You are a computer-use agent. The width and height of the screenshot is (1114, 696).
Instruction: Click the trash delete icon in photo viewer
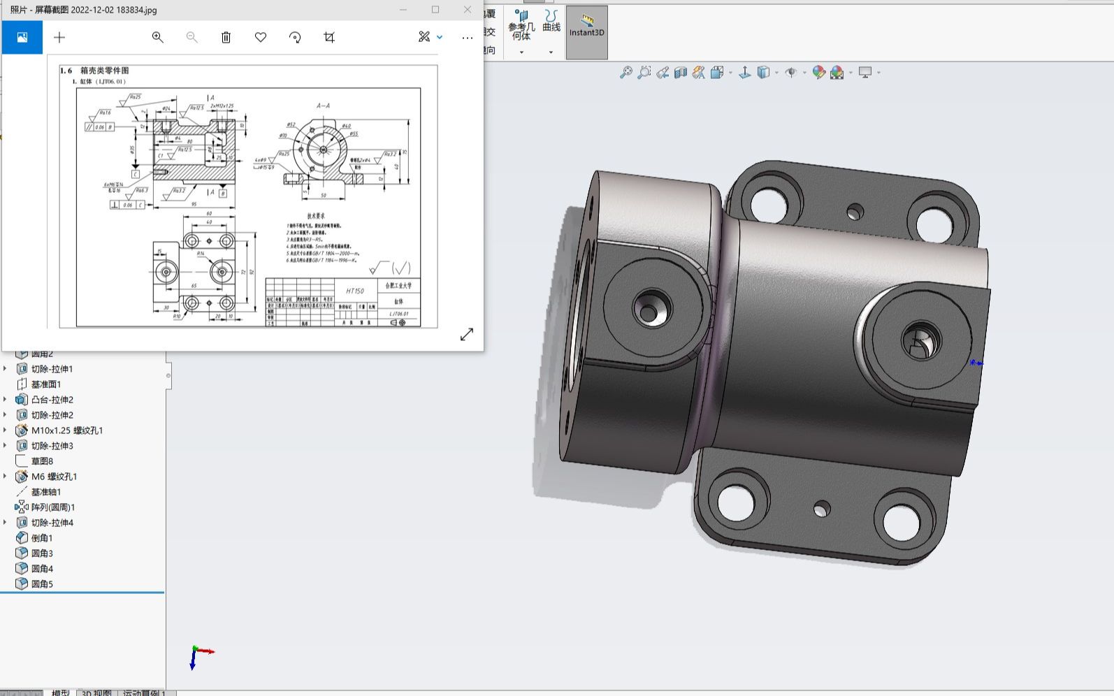[x=226, y=38]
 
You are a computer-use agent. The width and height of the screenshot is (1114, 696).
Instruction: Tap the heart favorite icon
[x=261, y=38]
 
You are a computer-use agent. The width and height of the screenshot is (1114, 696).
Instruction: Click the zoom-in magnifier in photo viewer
[x=158, y=38]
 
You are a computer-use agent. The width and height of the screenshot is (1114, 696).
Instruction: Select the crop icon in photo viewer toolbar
[x=329, y=38]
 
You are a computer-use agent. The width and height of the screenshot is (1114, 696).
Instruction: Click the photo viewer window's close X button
[x=468, y=10]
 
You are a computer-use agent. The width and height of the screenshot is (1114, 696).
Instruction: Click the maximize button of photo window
[x=435, y=10]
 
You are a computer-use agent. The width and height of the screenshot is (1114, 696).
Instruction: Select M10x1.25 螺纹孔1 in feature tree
[x=66, y=430]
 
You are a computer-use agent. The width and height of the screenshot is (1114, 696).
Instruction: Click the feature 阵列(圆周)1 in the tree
[x=52, y=507]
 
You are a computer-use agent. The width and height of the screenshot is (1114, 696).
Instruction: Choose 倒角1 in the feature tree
[x=41, y=538]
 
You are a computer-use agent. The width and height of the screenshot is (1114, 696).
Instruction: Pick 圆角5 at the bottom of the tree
[x=41, y=584]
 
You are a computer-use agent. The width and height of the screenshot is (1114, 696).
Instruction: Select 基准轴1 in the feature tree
[x=45, y=492]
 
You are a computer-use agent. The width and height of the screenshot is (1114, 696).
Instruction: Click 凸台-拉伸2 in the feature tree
[x=52, y=400]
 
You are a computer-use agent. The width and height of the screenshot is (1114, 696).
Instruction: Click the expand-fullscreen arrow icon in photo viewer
[x=467, y=335]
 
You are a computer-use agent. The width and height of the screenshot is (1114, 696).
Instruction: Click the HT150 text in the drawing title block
[x=355, y=291]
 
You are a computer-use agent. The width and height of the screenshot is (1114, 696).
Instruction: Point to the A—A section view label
[x=323, y=106]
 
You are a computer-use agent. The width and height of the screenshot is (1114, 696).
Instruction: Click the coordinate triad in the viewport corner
[x=199, y=655]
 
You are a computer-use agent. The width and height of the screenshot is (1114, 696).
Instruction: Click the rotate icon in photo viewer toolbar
[x=295, y=38]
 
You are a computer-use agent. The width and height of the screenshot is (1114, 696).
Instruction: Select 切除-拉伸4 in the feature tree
[x=52, y=523]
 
